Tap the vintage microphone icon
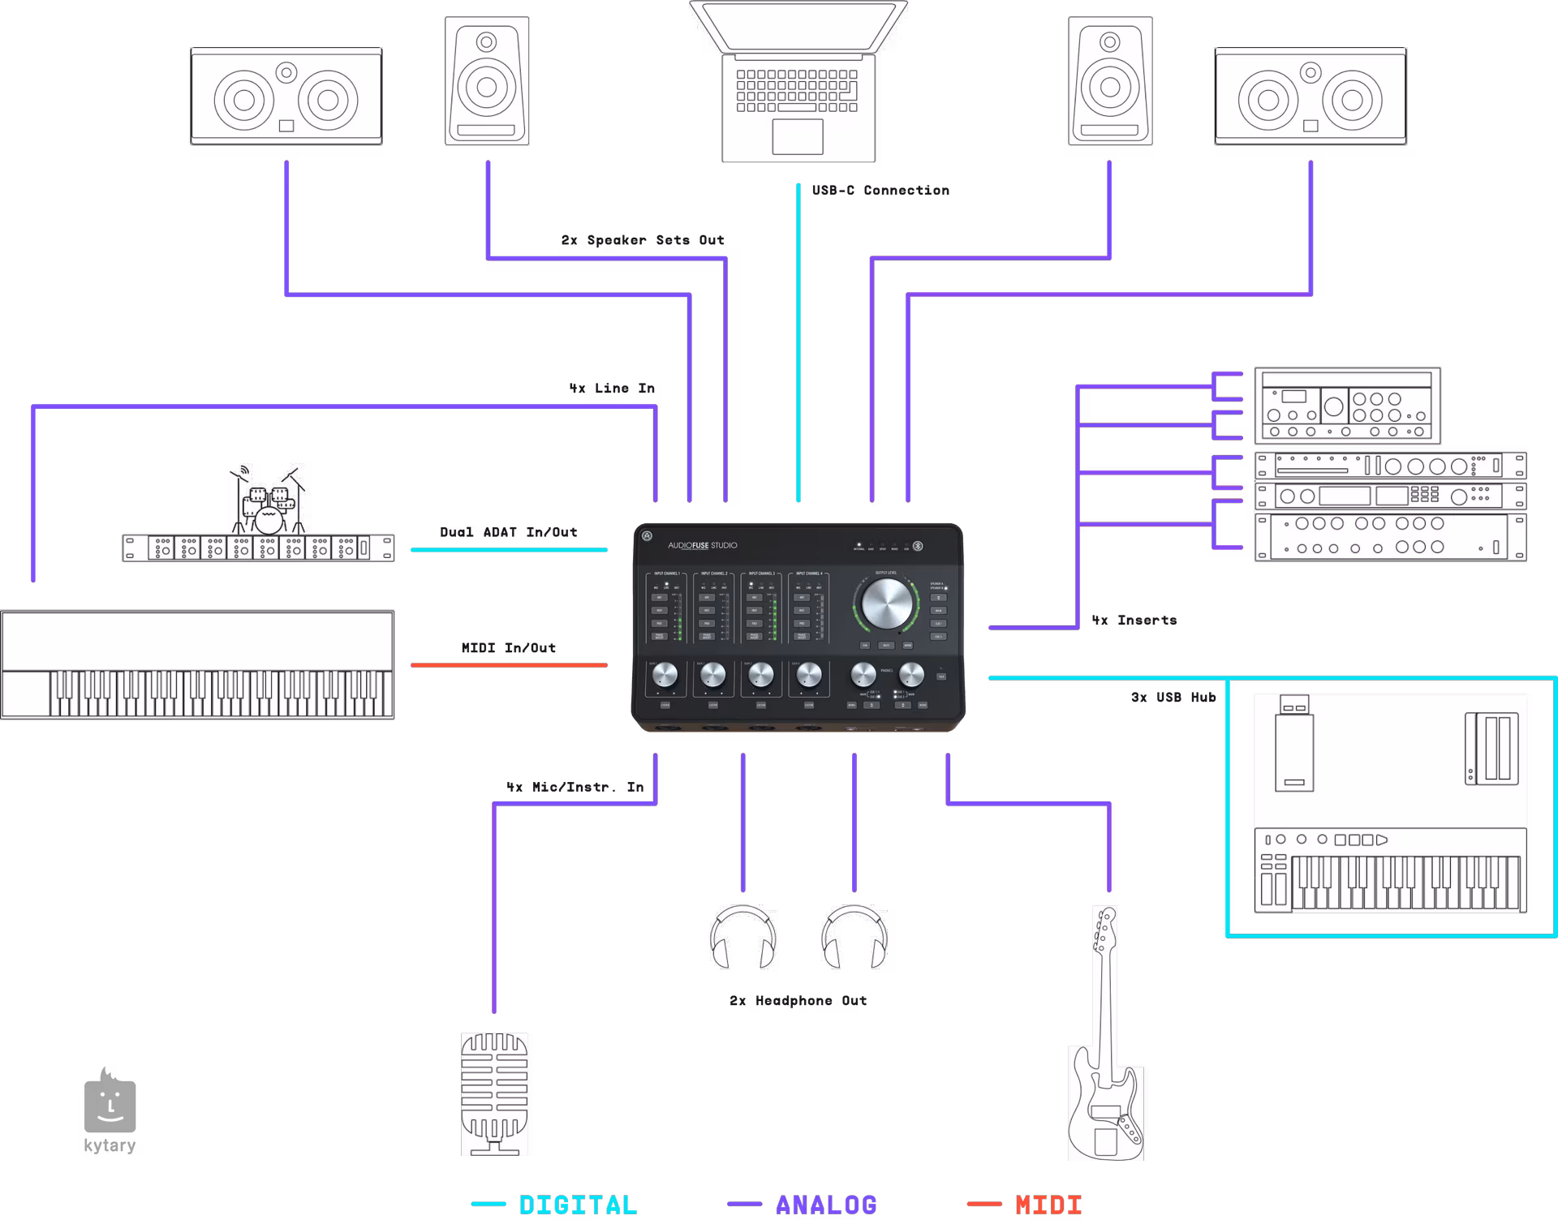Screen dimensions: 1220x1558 [494, 1093]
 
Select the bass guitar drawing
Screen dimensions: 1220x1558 [1105, 1055]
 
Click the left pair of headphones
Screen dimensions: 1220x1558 [742, 938]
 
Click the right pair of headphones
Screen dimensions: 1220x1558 [854, 938]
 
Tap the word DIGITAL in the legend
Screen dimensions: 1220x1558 [578, 1205]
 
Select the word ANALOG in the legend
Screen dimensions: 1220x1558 [826, 1205]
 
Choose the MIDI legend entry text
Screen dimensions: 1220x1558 [1048, 1205]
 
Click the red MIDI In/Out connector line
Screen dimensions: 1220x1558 [509, 665]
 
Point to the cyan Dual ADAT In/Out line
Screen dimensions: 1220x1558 [509, 550]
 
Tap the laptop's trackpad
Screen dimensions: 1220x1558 [798, 136]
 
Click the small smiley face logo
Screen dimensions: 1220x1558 [110, 1106]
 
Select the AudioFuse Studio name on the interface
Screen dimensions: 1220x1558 [703, 545]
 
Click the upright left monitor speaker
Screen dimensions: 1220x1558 [487, 81]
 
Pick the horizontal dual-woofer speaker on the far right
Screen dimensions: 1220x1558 [1311, 97]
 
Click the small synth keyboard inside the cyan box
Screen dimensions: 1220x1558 [1390, 870]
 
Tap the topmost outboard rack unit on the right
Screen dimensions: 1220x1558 [1347, 406]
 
